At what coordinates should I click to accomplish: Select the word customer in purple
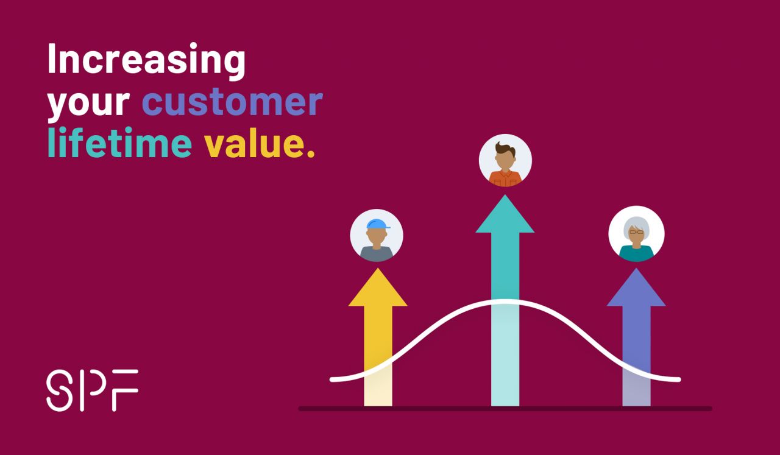pyautogui.click(x=232, y=103)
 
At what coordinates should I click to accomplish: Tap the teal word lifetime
pyautogui.click(x=119, y=144)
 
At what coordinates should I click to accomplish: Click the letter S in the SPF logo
pyautogui.click(x=58, y=390)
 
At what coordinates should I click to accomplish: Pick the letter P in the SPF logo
pyautogui.click(x=91, y=390)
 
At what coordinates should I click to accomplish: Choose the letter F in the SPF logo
pyautogui.click(x=126, y=390)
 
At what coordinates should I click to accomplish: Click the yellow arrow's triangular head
pyautogui.click(x=378, y=290)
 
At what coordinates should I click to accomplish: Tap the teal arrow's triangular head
pyautogui.click(x=505, y=217)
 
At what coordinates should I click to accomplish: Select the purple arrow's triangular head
pyautogui.click(x=636, y=290)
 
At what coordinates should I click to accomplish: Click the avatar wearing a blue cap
pyautogui.click(x=377, y=236)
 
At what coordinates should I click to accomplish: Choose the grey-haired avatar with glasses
pyautogui.click(x=636, y=235)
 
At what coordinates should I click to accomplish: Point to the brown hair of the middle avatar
pyautogui.click(x=505, y=149)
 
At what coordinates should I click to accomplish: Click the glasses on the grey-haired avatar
pyautogui.click(x=636, y=231)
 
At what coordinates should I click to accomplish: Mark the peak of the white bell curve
pyautogui.click(x=505, y=302)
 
